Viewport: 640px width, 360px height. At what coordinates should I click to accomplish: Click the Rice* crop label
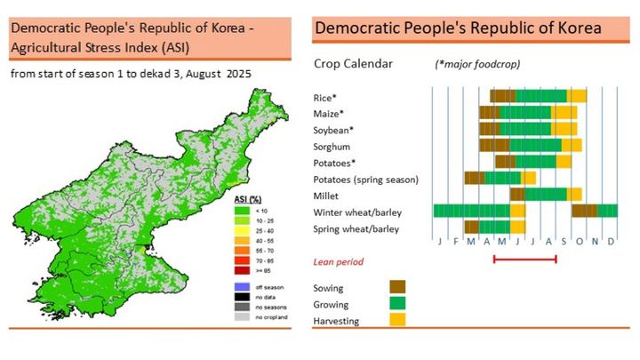click(324, 98)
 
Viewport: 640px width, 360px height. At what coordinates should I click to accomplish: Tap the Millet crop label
click(327, 195)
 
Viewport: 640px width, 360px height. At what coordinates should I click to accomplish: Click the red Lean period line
click(524, 260)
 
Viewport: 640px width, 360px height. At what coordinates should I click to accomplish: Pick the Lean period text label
click(339, 262)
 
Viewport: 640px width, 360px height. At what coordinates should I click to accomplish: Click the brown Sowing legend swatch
click(399, 287)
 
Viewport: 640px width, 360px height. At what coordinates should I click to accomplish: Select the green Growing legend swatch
click(399, 303)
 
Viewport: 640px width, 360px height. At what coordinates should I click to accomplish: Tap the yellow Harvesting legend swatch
click(399, 319)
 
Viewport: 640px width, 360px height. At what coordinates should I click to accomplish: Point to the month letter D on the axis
click(610, 242)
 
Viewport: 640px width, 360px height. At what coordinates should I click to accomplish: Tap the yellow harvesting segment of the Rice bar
click(578, 96)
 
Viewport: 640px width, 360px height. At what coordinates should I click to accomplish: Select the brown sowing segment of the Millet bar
click(517, 194)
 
